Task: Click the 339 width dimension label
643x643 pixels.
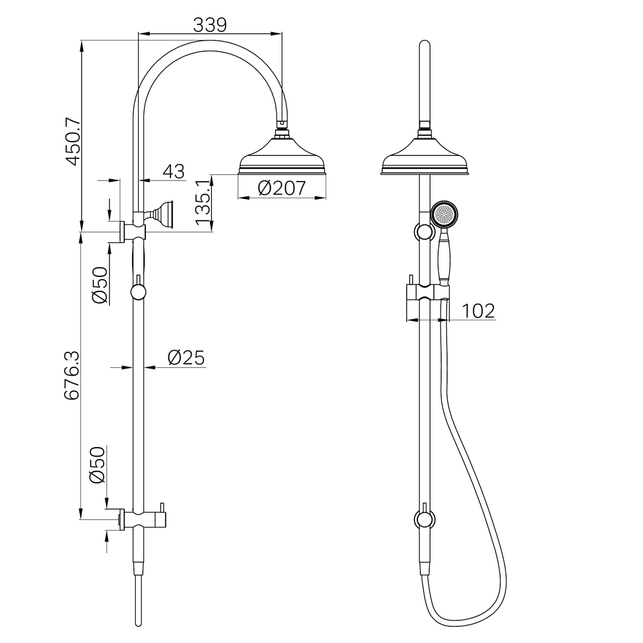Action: [x=210, y=24]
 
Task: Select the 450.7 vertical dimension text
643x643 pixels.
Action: [x=73, y=142]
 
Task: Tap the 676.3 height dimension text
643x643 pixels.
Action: [x=73, y=375]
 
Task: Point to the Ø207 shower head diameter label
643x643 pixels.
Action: [x=282, y=188]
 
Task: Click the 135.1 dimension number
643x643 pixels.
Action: [x=204, y=204]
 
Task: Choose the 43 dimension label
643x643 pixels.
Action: [x=173, y=171]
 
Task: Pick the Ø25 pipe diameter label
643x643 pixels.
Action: [x=186, y=358]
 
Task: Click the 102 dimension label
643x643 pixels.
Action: [x=478, y=311]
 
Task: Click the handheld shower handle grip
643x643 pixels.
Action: [x=444, y=259]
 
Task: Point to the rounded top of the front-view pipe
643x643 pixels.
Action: [x=424, y=44]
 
